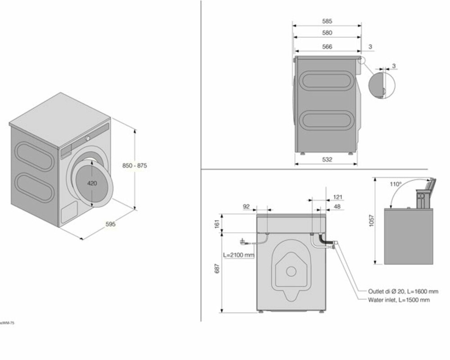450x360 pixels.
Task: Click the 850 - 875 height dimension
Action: pos(135,166)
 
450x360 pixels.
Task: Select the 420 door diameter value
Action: pos(92,183)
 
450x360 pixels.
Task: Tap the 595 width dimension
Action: pos(110,224)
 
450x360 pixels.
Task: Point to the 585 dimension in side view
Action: pos(327,21)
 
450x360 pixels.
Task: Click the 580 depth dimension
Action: pos(327,33)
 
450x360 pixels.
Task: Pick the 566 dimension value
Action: pos(327,46)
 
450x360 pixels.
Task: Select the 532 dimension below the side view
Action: pos(327,159)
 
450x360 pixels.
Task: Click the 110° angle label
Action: pos(396,184)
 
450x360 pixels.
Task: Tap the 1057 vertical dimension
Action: pos(372,220)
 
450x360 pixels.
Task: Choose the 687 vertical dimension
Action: pos(217,269)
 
